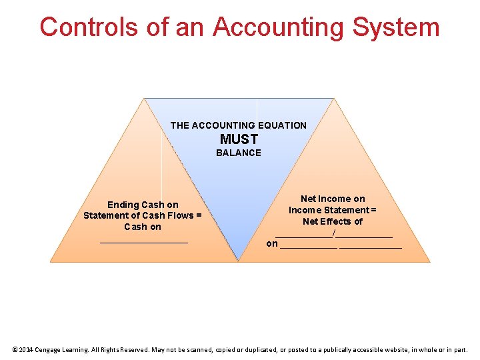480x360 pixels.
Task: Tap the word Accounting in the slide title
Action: pyautogui.click(x=278, y=27)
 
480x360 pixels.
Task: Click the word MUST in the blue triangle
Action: pyautogui.click(x=239, y=139)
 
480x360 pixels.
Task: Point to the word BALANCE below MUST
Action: pyautogui.click(x=239, y=153)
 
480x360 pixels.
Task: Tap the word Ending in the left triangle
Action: pyautogui.click(x=123, y=205)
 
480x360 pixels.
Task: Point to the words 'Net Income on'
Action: pyautogui.click(x=333, y=199)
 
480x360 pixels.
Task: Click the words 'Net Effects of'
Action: pyautogui.click(x=333, y=221)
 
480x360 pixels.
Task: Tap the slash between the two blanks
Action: pyautogui.click(x=333, y=233)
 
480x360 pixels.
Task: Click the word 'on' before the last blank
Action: pyautogui.click(x=272, y=243)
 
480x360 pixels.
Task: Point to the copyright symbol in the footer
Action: pyautogui.click(x=15, y=349)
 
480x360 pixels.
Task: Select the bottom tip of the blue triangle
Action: pyautogui.click(x=239, y=260)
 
